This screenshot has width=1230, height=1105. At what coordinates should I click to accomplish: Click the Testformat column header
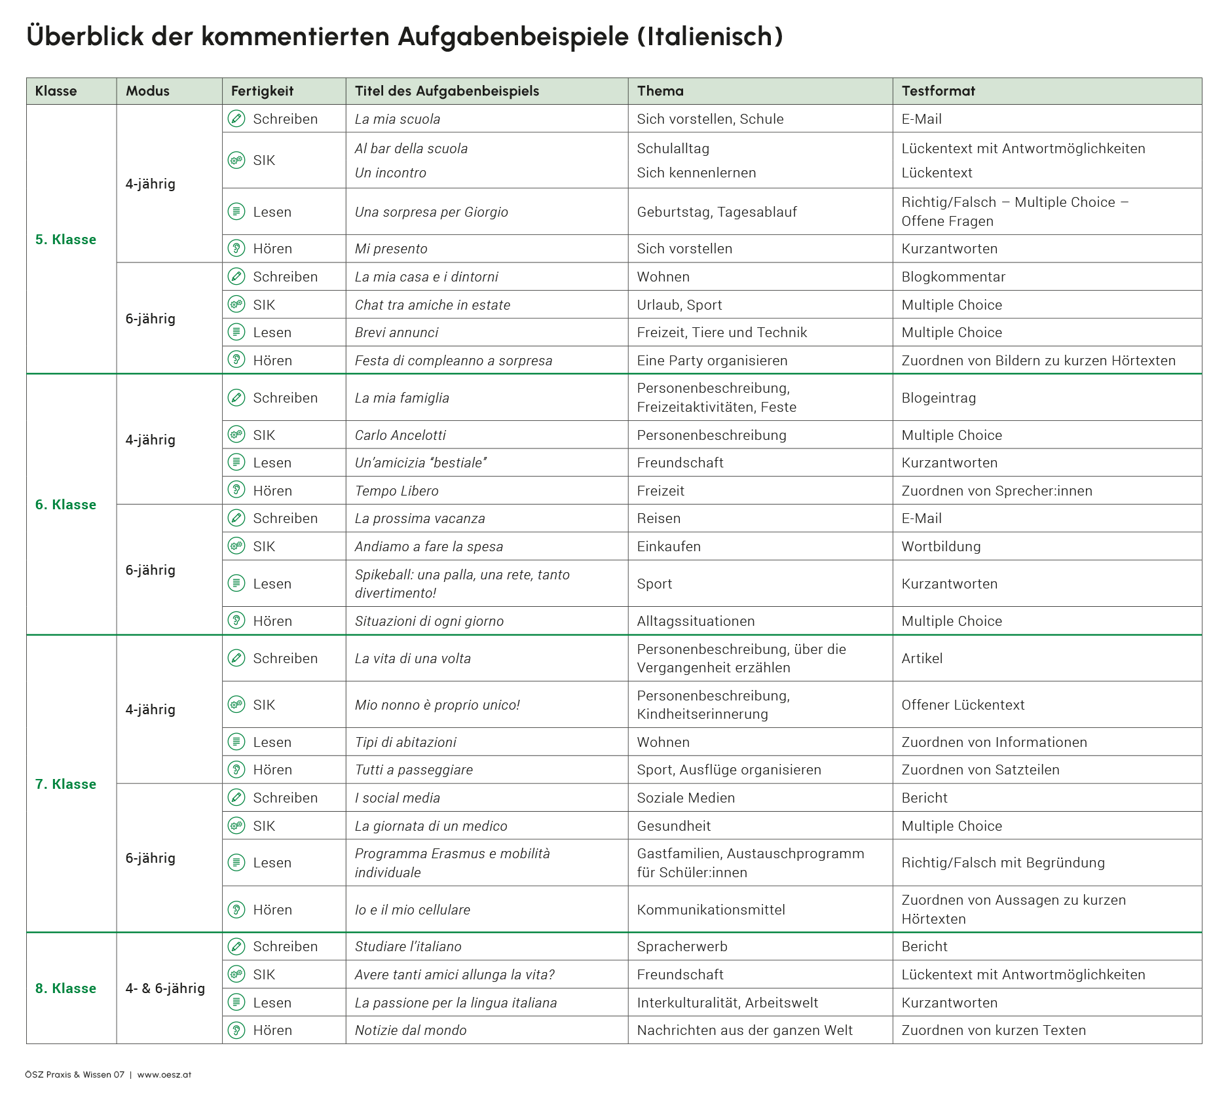(938, 91)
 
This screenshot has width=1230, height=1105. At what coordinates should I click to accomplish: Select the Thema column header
(660, 91)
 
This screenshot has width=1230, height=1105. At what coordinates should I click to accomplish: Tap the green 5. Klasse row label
(65, 240)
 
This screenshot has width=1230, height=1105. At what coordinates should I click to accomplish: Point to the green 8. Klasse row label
(65, 988)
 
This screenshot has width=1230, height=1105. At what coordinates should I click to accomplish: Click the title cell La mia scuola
(398, 119)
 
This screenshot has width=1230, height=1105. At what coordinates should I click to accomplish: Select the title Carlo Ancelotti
(400, 435)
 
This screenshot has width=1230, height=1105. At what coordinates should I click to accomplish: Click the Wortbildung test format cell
(941, 547)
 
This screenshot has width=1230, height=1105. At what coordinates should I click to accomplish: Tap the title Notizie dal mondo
(411, 1030)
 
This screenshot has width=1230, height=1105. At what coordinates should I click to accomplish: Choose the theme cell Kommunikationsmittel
(711, 910)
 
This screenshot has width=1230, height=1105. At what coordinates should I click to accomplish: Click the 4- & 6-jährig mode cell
(165, 988)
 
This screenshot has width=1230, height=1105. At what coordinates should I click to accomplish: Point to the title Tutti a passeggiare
(414, 770)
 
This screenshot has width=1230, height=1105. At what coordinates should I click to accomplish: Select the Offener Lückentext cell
(963, 705)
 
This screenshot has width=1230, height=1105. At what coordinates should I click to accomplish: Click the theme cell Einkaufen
(669, 547)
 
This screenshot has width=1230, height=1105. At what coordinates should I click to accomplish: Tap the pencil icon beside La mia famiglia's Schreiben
(236, 398)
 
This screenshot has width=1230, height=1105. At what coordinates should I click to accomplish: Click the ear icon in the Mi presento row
(236, 249)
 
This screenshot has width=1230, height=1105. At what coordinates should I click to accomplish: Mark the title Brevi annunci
(397, 333)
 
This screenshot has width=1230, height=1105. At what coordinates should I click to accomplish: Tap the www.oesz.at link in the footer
(164, 1075)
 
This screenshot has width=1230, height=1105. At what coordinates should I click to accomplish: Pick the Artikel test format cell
(922, 659)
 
